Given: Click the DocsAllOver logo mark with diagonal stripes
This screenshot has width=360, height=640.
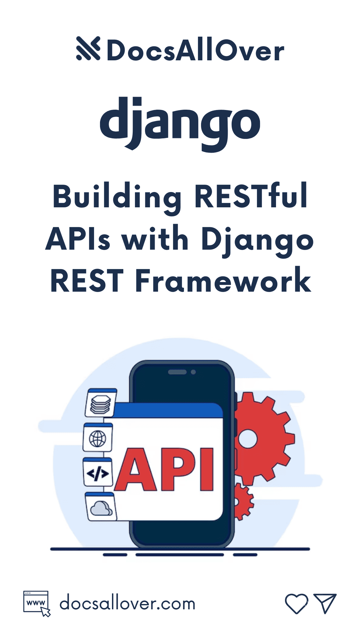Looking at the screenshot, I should [88, 49].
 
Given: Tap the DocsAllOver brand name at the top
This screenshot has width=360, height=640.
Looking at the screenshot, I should [195, 51].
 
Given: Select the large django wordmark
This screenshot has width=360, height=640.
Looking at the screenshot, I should [180, 123].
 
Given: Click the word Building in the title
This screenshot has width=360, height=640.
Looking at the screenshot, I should [117, 197].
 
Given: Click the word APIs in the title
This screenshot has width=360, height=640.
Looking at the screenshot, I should [78, 239].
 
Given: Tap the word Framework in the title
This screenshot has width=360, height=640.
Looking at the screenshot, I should [223, 281].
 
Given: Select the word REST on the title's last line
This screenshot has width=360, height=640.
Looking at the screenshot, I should [87, 281].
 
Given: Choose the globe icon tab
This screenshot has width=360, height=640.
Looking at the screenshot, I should [98, 438].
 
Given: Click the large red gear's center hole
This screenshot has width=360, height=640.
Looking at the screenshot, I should [247, 439].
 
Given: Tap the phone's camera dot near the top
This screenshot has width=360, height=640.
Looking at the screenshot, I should [193, 372].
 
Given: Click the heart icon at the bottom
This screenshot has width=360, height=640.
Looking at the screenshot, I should [296, 603].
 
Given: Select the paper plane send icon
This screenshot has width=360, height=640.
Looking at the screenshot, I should [325, 603].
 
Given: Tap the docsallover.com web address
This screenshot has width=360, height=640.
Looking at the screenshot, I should [127, 604].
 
